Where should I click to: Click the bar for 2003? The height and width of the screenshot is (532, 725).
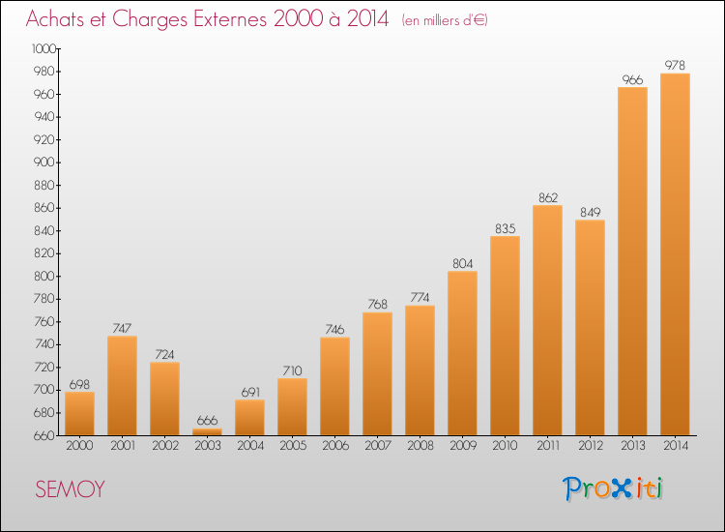click(207, 431)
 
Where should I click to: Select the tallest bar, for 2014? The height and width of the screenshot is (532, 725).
click(675, 254)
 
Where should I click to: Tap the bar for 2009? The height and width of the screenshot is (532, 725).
click(462, 353)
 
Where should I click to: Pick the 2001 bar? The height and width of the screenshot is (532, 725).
click(122, 385)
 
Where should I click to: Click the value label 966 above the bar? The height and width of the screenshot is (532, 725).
click(632, 80)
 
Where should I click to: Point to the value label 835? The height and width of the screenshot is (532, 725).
click(505, 228)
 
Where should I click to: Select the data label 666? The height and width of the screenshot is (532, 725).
click(207, 421)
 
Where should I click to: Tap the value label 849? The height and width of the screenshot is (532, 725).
click(590, 213)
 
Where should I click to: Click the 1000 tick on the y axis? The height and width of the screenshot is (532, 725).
click(43, 48)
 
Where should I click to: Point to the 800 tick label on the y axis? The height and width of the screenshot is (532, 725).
click(44, 277)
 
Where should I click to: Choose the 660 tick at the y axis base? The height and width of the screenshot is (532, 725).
click(44, 436)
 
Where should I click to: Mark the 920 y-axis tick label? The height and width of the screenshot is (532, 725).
click(44, 139)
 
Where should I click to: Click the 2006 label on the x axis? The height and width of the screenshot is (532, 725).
click(335, 445)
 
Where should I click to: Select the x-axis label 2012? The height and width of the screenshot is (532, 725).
click(591, 445)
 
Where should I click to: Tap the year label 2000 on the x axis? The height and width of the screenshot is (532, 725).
click(79, 445)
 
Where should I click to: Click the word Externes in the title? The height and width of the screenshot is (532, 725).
click(230, 18)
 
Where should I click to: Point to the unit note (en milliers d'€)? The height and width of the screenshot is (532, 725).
click(445, 20)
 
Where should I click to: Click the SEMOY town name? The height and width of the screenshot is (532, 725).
click(70, 489)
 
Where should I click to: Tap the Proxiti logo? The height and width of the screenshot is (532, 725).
click(613, 488)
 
